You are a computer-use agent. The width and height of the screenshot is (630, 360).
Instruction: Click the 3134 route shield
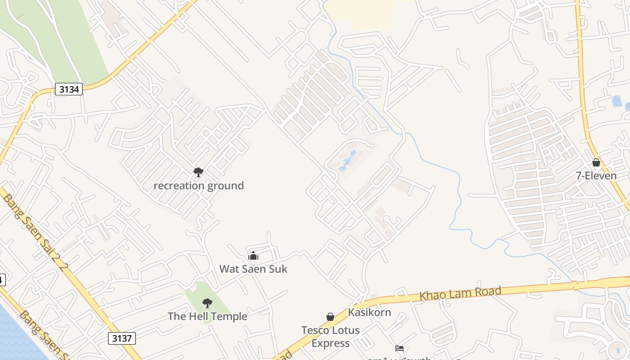point(69,89)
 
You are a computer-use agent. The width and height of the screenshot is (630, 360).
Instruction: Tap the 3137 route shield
point(121,338)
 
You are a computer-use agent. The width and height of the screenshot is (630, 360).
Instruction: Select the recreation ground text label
point(198,185)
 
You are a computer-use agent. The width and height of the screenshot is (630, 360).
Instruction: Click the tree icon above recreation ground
point(198,172)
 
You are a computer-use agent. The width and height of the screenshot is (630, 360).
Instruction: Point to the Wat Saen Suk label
point(253,269)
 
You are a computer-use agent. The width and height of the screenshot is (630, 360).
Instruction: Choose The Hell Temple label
point(207,316)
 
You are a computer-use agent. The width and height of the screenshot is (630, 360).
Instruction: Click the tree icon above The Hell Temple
point(207,303)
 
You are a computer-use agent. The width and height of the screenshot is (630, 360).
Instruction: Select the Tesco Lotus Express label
point(331,337)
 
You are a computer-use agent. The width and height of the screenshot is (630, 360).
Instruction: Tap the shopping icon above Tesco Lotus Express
point(330,317)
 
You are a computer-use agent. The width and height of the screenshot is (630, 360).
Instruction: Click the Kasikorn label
point(369,312)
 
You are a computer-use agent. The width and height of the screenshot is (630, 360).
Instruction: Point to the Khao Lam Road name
point(460,293)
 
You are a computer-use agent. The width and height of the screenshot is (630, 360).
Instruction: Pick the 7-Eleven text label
point(596,175)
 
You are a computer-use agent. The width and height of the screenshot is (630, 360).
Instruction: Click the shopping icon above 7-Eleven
point(596,162)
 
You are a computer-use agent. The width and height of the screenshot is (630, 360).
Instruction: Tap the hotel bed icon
point(399,348)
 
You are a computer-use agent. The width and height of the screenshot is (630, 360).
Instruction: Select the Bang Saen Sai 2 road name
point(35,229)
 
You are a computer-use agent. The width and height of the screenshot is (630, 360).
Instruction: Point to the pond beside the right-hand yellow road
point(617,101)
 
